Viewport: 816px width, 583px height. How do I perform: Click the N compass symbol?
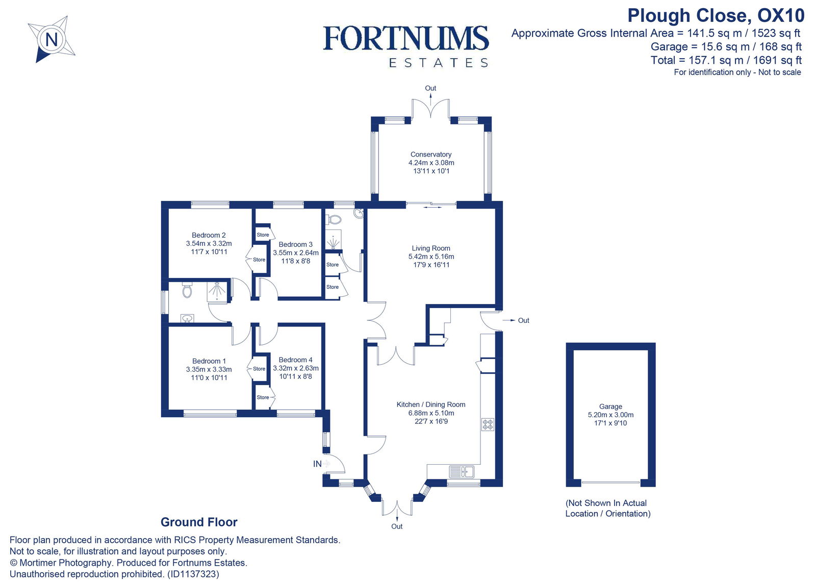[52, 39]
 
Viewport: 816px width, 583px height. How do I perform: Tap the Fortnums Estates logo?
[406, 46]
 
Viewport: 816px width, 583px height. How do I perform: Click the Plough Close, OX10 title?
[716, 15]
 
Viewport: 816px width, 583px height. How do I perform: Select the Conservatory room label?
[431, 155]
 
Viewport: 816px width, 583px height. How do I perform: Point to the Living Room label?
[431, 248]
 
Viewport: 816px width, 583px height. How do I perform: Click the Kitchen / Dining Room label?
[431, 404]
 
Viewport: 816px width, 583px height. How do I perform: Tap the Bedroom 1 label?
[209, 361]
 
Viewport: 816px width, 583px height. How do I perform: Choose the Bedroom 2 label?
[209, 235]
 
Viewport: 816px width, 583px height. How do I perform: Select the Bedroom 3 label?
[296, 245]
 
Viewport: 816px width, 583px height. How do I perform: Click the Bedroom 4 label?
[296, 360]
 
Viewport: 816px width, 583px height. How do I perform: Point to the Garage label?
[610, 407]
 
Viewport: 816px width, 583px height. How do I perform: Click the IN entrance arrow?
[325, 464]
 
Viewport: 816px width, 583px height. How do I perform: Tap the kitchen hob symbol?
[488, 424]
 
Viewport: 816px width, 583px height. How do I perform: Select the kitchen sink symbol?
[462, 472]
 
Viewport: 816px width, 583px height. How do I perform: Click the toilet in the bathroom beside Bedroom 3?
[334, 219]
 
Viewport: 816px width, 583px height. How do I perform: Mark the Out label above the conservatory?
[430, 88]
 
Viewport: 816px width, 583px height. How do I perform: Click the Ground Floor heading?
[199, 522]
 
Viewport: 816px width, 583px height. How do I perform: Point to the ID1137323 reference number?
[193, 574]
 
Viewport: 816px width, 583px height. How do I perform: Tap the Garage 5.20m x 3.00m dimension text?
[610, 415]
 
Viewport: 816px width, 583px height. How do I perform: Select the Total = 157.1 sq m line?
[726, 60]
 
